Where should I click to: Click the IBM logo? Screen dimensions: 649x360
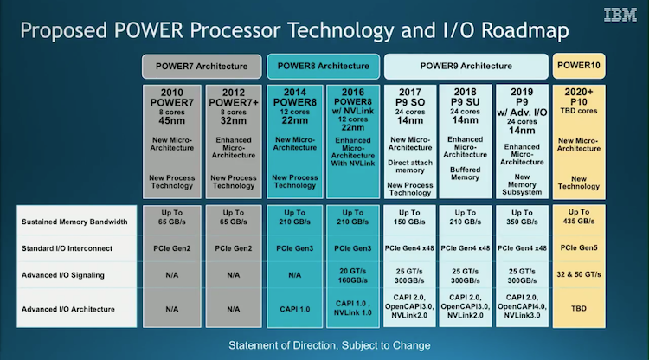(x=620, y=15)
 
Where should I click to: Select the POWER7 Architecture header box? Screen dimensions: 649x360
(x=202, y=67)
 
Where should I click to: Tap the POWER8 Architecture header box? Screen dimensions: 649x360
(x=324, y=66)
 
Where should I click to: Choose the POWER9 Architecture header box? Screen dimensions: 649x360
(x=466, y=66)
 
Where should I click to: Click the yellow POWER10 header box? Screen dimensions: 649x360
(x=579, y=66)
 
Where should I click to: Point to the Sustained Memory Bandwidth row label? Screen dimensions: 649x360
(x=74, y=222)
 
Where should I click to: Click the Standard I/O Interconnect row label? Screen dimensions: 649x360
(x=67, y=248)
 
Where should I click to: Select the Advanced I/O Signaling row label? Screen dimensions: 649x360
(x=63, y=275)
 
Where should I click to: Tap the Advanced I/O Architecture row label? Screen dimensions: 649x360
(x=67, y=309)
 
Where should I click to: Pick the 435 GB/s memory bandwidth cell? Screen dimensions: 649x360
(x=579, y=216)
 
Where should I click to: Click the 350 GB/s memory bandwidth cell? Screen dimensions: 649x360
(x=522, y=217)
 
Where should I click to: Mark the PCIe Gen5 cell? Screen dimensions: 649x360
(x=579, y=247)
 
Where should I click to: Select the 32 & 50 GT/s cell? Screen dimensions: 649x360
(x=579, y=274)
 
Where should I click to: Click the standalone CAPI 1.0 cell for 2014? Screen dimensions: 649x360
(x=295, y=309)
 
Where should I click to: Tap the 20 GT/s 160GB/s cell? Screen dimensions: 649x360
(x=353, y=275)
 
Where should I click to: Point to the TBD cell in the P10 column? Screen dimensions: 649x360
(x=579, y=308)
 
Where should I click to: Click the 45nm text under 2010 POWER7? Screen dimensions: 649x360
(x=172, y=121)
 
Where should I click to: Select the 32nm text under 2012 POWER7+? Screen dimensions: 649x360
(x=234, y=121)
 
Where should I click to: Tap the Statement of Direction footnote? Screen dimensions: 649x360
(x=330, y=345)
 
